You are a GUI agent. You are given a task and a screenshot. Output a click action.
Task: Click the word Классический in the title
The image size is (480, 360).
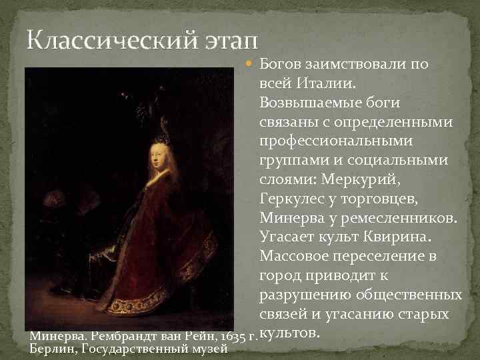(x=107, y=41)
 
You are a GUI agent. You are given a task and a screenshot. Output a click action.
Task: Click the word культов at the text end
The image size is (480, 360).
(x=289, y=331)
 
